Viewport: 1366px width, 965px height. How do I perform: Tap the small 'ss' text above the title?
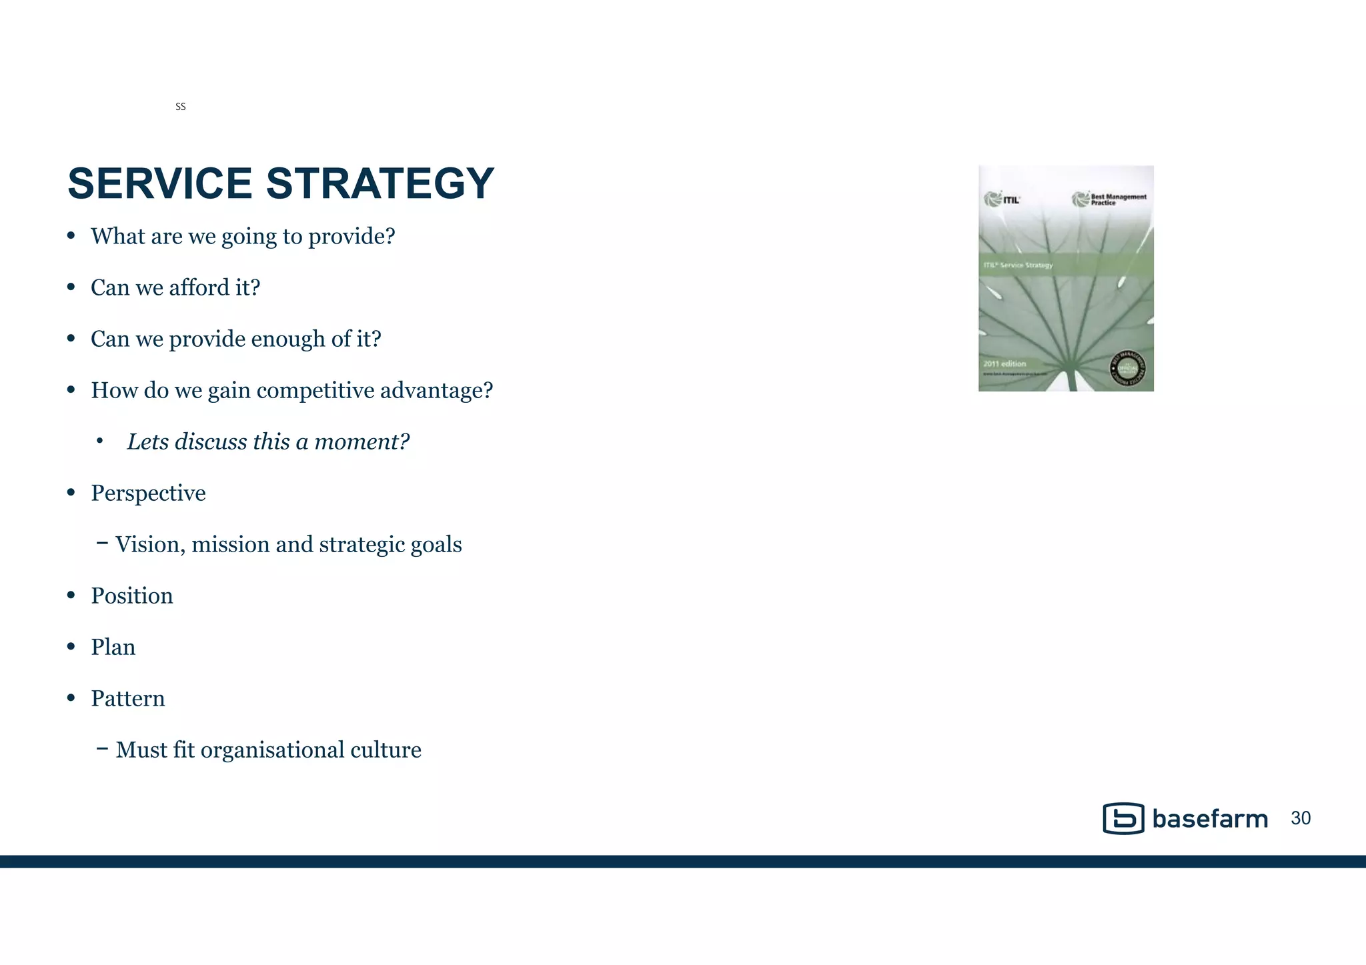180,107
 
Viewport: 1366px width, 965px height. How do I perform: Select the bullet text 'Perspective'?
148,493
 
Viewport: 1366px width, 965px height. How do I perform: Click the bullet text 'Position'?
132,596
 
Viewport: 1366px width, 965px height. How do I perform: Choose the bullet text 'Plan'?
113,647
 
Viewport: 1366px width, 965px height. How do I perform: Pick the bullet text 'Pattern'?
128,698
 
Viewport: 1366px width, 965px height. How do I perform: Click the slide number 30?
1301,818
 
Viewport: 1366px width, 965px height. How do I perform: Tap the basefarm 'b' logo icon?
1123,818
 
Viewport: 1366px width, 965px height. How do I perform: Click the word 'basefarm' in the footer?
1209,819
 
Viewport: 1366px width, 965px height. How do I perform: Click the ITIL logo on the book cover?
1002,199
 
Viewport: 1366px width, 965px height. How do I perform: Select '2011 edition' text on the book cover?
1004,363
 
